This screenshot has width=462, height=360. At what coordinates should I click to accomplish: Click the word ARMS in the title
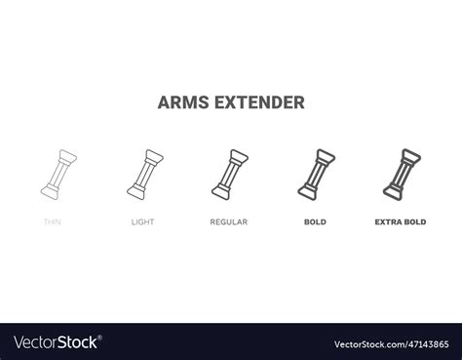tap(180, 101)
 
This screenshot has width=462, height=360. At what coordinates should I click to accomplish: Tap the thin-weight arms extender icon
tap(57, 173)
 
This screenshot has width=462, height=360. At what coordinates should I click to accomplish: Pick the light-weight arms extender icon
tap(142, 173)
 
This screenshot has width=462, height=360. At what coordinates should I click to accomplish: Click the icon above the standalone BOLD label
tap(315, 173)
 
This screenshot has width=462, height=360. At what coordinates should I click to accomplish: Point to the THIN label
tap(53, 222)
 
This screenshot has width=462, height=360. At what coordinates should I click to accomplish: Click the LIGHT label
tap(142, 222)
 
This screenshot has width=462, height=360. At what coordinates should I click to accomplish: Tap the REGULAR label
tap(228, 222)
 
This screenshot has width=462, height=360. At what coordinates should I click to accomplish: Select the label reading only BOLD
tap(315, 222)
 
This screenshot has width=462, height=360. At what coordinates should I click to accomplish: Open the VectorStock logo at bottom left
tap(55, 342)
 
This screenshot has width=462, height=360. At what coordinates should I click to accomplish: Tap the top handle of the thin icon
tap(66, 154)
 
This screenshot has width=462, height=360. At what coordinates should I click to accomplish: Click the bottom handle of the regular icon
tap(218, 191)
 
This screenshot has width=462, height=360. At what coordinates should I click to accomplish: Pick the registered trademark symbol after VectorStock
tap(100, 338)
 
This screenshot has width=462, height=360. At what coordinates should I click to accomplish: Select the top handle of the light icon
tap(152, 154)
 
